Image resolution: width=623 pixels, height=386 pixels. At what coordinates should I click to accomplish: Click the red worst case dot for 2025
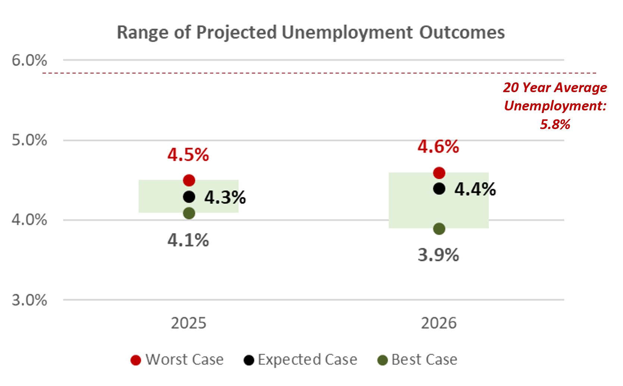pyautogui.click(x=189, y=181)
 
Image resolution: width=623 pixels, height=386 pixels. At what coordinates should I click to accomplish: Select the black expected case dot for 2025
pyautogui.click(x=189, y=197)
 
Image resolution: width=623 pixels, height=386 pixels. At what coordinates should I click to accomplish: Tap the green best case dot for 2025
pyautogui.click(x=189, y=213)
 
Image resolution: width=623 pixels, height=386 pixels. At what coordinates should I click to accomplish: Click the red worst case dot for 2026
pyautogui.click(x=439, y=173)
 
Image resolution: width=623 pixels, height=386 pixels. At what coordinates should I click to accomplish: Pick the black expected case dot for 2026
pyautogui.click(x=439, y=189)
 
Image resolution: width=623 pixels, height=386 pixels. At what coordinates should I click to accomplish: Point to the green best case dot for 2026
pyautogui.click(x=439, y=229)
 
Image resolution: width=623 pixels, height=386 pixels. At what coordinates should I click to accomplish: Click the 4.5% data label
pyautogui.click(x=188, y=155)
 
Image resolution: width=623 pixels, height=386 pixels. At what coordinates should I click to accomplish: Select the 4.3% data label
pyautogui.click(x=225, y=197)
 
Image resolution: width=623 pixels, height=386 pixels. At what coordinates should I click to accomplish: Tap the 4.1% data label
pyautogui.click(x=188, y=240)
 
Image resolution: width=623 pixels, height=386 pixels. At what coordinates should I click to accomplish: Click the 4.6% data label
pyautogui.click(x=438, y=147)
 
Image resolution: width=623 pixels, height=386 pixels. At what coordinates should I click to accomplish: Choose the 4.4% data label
pyautogui.click(x=475, y=189)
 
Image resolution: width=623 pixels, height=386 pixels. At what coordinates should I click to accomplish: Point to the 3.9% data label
pyautogui.click(x=438, y=255)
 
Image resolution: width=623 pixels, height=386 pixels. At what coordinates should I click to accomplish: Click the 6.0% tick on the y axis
pyautogui.click(x=29, y=60)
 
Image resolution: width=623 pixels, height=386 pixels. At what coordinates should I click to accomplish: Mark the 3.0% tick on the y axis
pyautogui.click(x=29, y=300)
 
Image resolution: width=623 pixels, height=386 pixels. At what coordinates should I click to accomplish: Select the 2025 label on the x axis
pyautogui.click(x=189, y=323)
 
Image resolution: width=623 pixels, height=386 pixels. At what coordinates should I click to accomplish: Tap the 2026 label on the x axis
pyautogui.click(x=439, y=323)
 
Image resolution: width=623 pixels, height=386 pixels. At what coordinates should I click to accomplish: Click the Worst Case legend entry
pyautogui.click(x=177, y=360)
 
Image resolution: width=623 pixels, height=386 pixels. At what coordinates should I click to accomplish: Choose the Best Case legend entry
pyautogui.click(x=418, y=360)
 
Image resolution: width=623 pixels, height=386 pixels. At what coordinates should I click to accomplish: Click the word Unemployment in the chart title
pyautogui.click(x=347, y=32)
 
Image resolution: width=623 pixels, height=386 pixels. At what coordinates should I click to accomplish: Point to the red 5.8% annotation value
pyautogui.click(x=555, y=124)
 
